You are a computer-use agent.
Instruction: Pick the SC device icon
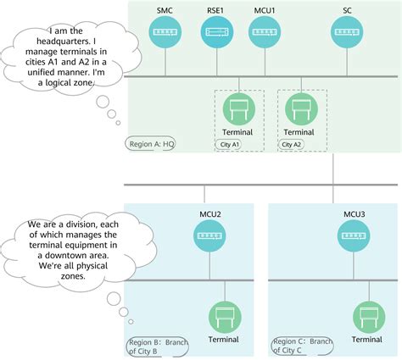[348, 34]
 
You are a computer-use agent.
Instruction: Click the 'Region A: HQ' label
[152, 144]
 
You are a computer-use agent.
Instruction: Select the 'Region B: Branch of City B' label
[157, 347]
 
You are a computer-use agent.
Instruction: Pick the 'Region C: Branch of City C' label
[300, 347]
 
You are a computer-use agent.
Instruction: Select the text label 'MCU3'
[355, 214]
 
